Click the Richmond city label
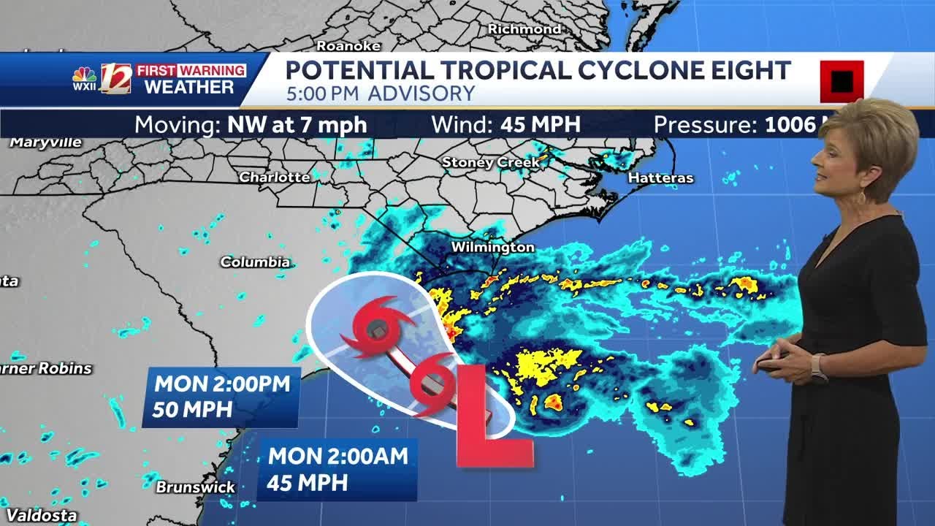coord(524,29)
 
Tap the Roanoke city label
coord(348,46)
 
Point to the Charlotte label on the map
coord(275,178)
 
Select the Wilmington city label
coord(492,248)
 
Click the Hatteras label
coord(660,178)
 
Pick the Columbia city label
coord(255,262)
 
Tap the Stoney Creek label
coord(491,162)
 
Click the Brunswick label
coord(196,487)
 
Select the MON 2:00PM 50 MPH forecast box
coord(221,397)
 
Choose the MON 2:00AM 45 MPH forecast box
coord(337,469)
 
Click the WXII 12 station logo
coord(102,79)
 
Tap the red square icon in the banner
coord(841,81)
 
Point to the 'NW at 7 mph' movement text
coord(297,125)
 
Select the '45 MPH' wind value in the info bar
coord(541,125)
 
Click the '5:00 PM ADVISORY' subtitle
coord(381,94)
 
